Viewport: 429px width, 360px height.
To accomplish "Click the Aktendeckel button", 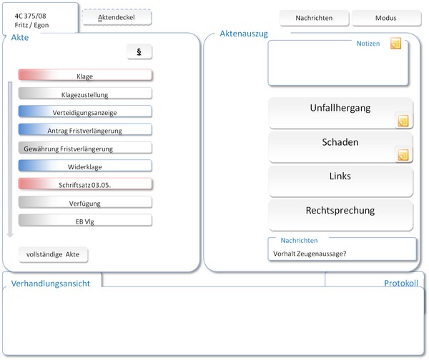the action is coord(117,17).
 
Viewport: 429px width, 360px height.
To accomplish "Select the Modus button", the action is coord(386,18).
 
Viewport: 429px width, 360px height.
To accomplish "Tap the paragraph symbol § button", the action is coord(139,51).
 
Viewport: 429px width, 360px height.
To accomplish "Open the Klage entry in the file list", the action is coord(85,75).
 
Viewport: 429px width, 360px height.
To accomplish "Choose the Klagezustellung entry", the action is coord(85,93).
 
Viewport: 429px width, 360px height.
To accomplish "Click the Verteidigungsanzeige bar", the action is coord(85,111).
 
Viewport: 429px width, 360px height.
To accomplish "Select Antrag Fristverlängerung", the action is coord(85,129).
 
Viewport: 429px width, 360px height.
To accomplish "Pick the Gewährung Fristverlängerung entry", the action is coord(85,148).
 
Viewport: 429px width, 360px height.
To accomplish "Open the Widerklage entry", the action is coord(85,166).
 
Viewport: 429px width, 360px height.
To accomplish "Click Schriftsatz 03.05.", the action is coord(85,184).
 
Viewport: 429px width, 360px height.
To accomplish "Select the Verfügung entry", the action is coord(85,202).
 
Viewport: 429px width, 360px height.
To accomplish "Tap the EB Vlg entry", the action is coord(85,220).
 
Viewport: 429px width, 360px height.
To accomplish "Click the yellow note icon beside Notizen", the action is coord(395,44).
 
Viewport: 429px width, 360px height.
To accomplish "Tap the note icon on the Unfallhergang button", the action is coord(403,121).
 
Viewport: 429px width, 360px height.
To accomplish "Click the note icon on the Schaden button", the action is coord(403,155).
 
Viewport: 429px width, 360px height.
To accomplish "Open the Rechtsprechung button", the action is coord(340,215).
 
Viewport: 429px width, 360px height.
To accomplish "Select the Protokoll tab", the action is coord(400,283).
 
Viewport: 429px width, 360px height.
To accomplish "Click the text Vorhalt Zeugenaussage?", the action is coord(310,254).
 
